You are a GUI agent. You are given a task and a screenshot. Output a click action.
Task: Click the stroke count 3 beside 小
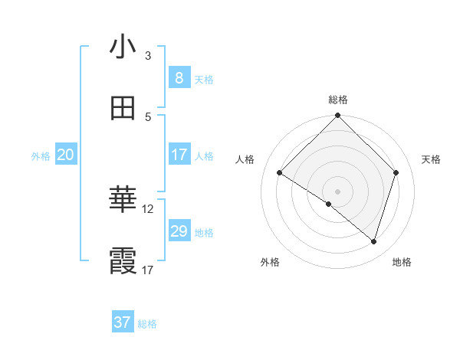[x=148, y=56]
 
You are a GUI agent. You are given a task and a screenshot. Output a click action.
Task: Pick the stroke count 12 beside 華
[x=148, y=208]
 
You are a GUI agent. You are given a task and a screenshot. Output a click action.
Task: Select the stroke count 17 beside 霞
[x=148, y=270]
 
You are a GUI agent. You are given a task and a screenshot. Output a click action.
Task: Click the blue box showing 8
[x=179, y=78]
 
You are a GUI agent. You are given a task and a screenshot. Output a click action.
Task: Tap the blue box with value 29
[x=179, y=231]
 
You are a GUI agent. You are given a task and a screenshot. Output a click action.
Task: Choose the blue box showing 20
[x=65, y=155]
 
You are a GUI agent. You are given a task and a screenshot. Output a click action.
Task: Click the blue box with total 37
[x=123, y=322]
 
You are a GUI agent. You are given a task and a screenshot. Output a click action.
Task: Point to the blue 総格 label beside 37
[x=147, y=324]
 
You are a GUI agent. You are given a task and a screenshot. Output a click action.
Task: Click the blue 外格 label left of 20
[x=41, y=156]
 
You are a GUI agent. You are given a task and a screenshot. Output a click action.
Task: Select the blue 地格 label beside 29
[x=204, y=233]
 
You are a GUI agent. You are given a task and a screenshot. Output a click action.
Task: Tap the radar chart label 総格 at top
[x=338, y=100]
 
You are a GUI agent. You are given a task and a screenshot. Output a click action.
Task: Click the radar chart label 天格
[x=432, y=159]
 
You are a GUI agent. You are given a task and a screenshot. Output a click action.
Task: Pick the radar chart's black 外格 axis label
[x=270, y=263]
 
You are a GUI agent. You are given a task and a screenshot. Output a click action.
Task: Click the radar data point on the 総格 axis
[x=338, y=116]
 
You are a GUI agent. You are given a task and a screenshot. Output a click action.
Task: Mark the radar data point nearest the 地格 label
[x=374, y=241]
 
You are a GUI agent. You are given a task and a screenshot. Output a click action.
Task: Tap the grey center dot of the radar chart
[x=338, y=191]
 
